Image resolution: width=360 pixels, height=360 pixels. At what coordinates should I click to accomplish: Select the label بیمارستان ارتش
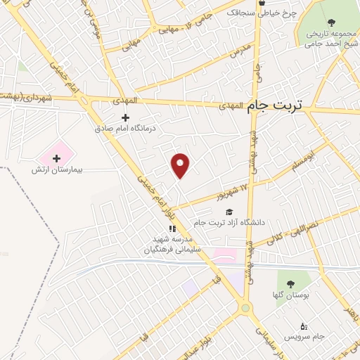[x=57, y=170]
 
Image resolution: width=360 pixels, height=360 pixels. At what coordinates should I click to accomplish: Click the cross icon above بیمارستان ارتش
[x=57, y=158]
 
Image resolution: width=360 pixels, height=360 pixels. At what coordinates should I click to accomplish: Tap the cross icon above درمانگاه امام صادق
[x=126, y=117]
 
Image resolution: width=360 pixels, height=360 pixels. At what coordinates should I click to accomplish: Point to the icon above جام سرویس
[x=304, y=326]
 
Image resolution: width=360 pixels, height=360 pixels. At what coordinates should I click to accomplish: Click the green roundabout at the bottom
[x=245, y=307]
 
